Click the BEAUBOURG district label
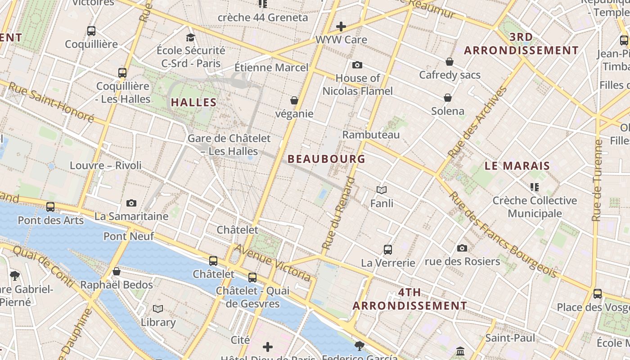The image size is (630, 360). [x=326, y=159]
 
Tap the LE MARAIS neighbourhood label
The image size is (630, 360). [x=517, y=166]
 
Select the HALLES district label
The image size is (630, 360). [x=194, y=102]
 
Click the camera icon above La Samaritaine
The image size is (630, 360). [x=131, y=203]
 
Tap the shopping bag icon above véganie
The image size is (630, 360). [x=294, y=100]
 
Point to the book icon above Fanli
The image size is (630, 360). [x=382, y=190]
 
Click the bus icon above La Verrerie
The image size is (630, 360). [x=387, y=249]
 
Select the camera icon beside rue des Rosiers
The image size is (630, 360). [x=462, y=248]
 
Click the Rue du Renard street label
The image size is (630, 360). [x=338, y=214]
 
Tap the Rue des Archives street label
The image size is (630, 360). [x=477, y=122]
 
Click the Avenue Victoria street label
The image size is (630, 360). [x=273, y=262]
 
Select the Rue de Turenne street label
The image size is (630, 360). [x=597, y=180]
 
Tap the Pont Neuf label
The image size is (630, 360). [x=129, y=236]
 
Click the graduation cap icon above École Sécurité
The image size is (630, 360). [x=191, y=37]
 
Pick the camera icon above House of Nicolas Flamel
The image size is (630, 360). [x=357, y=65]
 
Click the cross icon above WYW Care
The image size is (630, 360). [x=341, y=27]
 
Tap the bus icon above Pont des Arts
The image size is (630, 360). [x=50, y=207]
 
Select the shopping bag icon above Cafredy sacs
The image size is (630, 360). [x=450, y=62]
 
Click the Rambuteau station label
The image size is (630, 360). [x=371, y=135]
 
